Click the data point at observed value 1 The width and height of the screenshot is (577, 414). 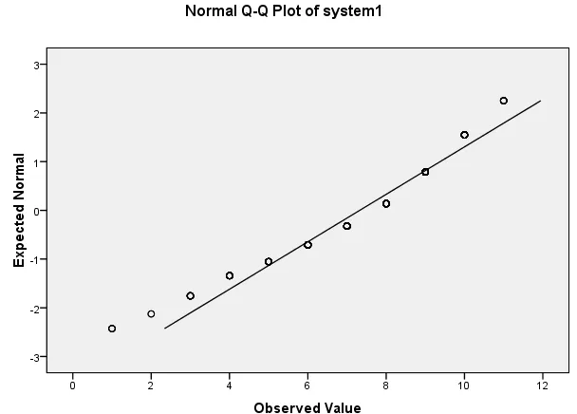pyautogui.click(x=112, y=329)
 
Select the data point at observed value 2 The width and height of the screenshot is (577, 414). pyautogui.click(x=151, y=313)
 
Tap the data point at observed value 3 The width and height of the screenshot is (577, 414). pyautogui.click(x=190, y=295)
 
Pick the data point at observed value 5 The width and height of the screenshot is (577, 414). pyautogui.click(x=269, y=261)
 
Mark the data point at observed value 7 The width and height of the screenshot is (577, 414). pyautogui.click(x=346, y=226)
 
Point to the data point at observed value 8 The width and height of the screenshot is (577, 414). pyautogui.click(x=386, y=203)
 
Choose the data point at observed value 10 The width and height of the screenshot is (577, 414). pyautogui.click(x=464, y=135)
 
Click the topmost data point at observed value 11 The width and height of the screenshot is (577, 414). pyautogui.click(x=504, y=101)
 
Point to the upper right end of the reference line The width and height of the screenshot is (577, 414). pyautogui.click(x=541, y=101)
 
